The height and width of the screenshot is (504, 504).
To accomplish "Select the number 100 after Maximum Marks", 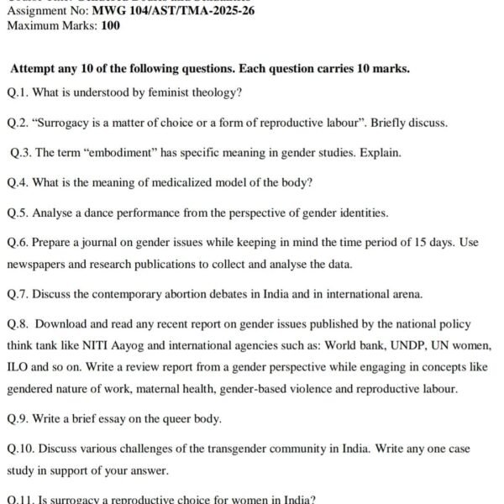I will click(x=110, y=25).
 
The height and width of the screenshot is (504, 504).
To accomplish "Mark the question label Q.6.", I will click(x=18, y=243).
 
